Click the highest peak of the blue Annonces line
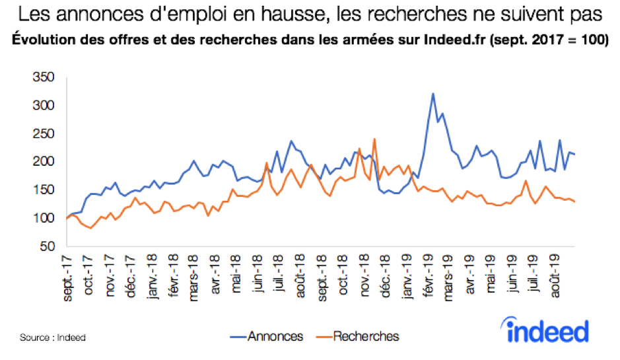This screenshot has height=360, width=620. (433, 94)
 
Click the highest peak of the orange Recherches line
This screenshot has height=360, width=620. (374, 139)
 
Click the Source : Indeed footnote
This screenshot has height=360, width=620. (53, 338)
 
